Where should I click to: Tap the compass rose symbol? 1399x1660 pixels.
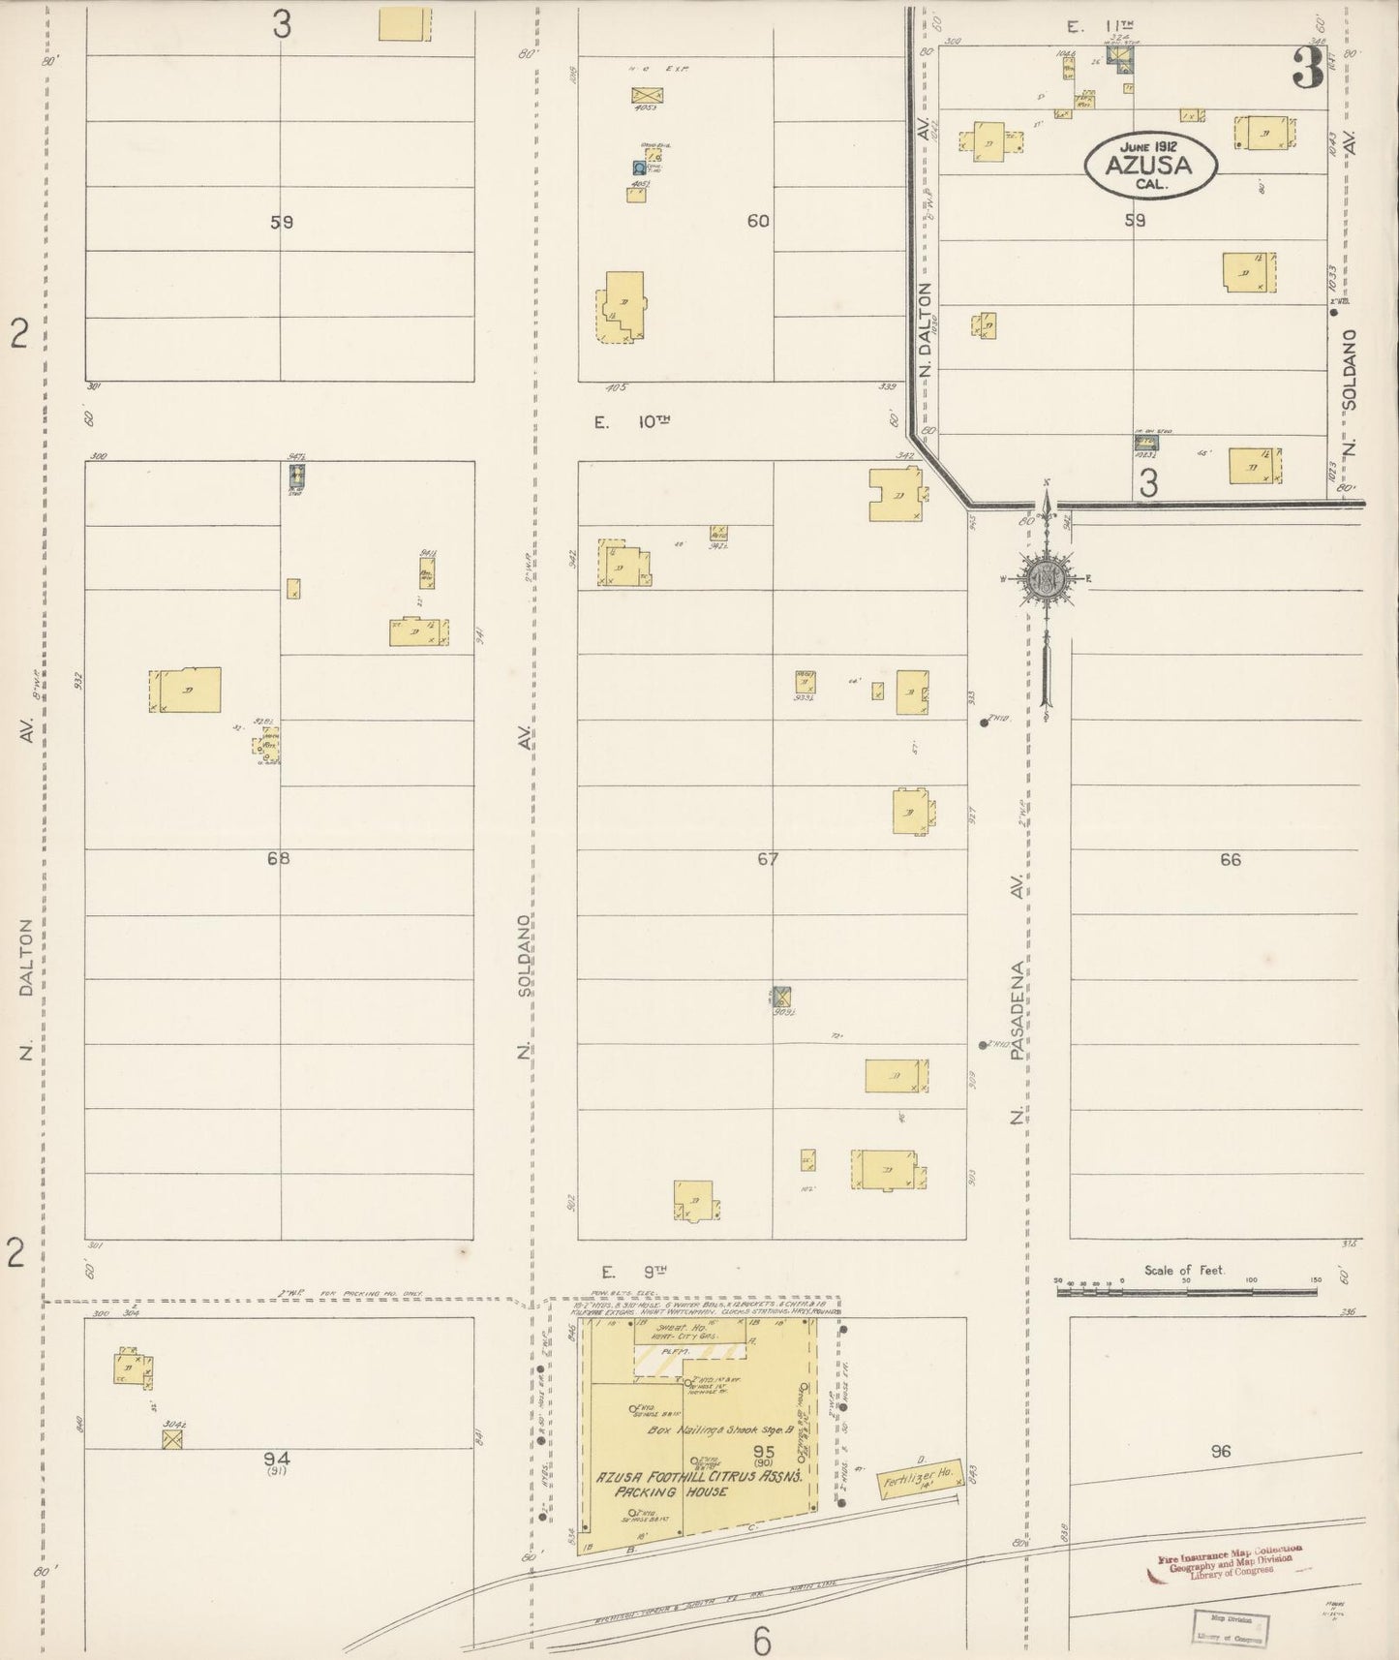1047,579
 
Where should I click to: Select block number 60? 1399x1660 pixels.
758,221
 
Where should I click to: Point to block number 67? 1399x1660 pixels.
768,858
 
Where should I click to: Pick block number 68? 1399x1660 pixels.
279,858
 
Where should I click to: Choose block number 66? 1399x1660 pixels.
1230,859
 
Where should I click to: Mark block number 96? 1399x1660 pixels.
1220,1451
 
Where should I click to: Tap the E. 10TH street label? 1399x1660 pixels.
631,422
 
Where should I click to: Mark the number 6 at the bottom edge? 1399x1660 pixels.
761,1641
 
